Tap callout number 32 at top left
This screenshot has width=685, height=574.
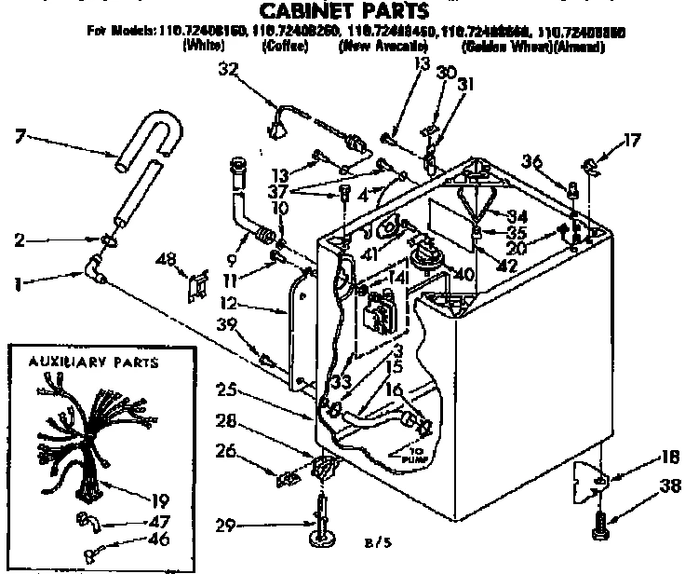pos(229,69)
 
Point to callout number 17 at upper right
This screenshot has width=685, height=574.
pos(633,141)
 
